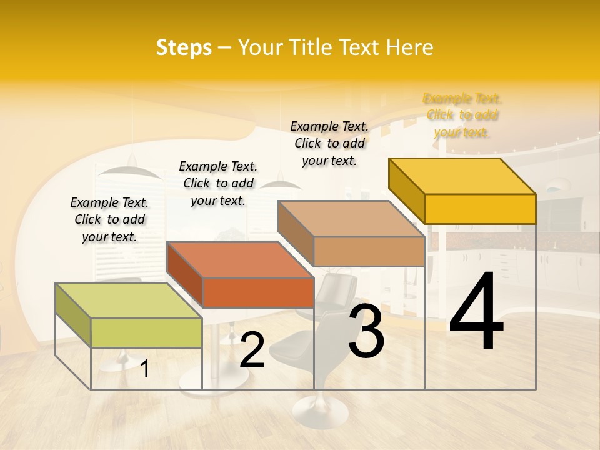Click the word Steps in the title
pos(184,47)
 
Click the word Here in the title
pos(410,47)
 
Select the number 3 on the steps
pos(366,331)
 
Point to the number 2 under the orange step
pos(252,351)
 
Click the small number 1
pos(145,369)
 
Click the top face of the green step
pos(129,300)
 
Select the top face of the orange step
pos(240,259)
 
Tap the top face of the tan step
pos(351,219)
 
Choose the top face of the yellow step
pos(462,176)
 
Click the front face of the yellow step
pos(480,209)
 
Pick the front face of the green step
pos(146,332)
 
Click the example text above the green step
pos(109,219)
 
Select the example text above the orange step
pos(218,183)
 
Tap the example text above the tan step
pos(329,143)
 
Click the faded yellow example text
pos(462,115)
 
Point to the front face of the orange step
pos(258,292)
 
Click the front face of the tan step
pos(369,251)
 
